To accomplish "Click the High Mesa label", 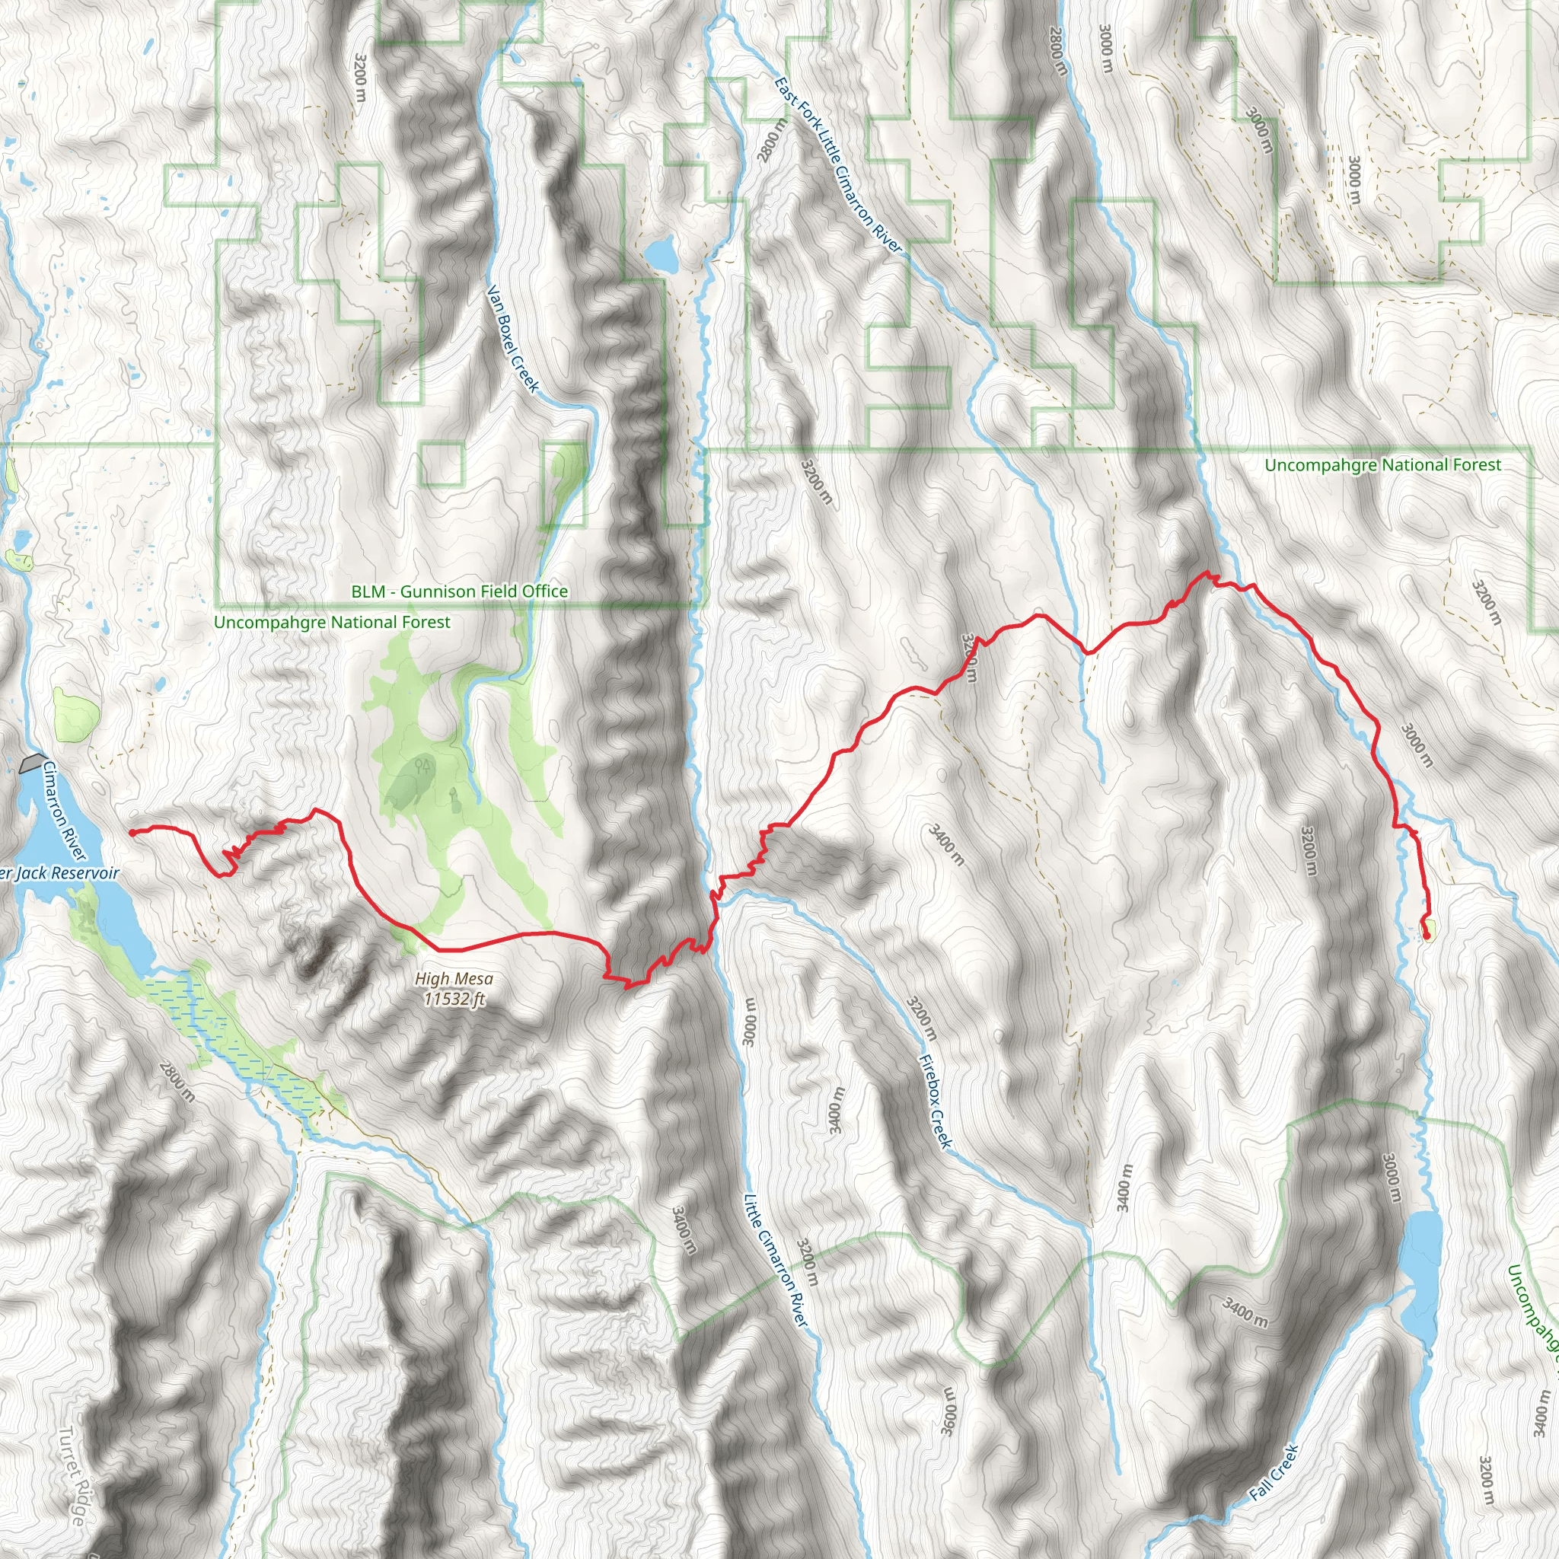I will click(x=454, y=979).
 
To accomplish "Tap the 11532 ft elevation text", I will click(x=454, y=999).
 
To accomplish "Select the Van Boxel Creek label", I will click(x=512, y=338).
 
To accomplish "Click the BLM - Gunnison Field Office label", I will click(x=459, y=591).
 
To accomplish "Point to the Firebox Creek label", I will click(x=936, y=1102).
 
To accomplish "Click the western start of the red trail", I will click(x=132, y=832).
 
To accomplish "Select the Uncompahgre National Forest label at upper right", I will click(x=1382, y=465).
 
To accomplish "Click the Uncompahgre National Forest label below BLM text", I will click(x=332, y=622).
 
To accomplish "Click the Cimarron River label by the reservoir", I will click(x=64, y=810).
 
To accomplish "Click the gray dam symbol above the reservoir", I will click(x=32, y=763).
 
